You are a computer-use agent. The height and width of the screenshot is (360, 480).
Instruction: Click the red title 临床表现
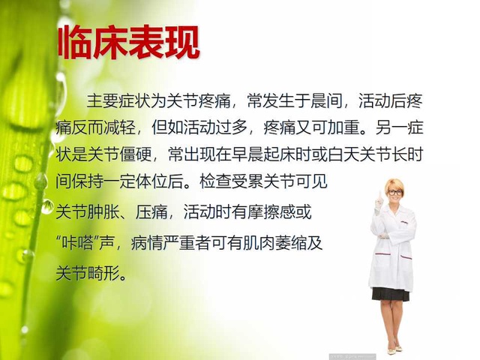128,43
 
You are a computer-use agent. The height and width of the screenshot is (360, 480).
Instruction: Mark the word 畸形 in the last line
105,269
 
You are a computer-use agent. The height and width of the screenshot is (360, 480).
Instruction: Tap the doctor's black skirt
391,293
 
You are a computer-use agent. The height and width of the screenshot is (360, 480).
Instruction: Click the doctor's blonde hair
394,183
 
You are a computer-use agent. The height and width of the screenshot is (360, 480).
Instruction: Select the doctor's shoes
394,349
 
